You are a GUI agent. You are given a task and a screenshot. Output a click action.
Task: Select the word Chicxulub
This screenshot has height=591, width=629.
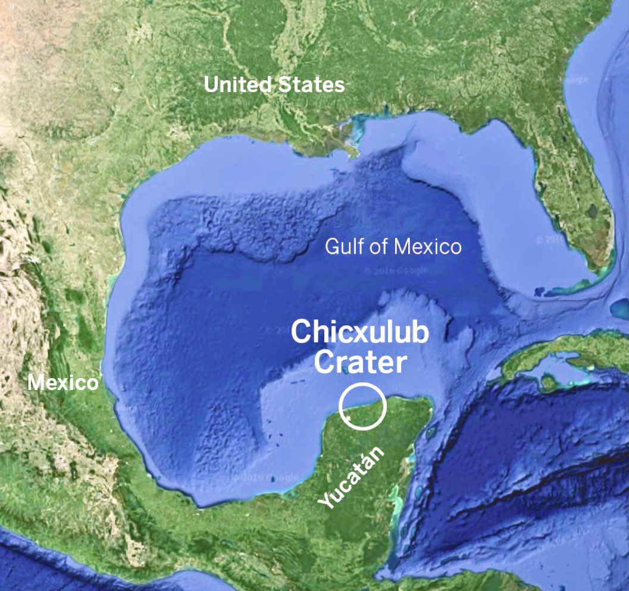(359, 334)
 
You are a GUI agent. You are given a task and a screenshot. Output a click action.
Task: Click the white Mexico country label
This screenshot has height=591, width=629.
(62, 383)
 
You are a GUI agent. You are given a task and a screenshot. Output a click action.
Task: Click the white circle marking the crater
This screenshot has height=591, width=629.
(362, 406)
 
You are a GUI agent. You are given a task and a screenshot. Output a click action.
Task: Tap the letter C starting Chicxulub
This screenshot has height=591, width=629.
(301, 334)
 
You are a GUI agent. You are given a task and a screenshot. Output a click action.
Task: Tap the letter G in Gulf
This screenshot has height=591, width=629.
(331, 247)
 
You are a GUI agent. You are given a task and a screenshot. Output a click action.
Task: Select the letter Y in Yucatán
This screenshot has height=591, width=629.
(324, 501)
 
